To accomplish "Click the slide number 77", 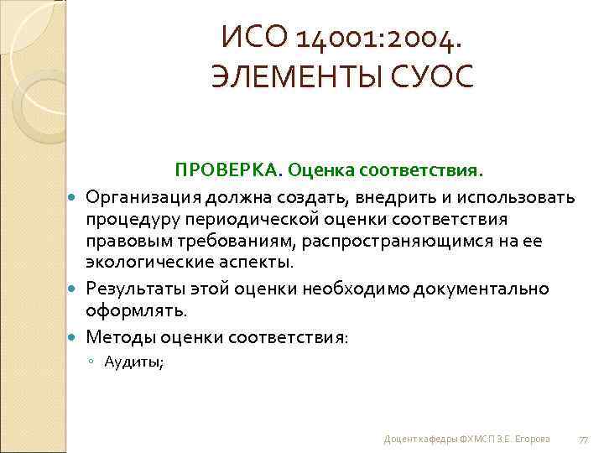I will click(585, 440).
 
